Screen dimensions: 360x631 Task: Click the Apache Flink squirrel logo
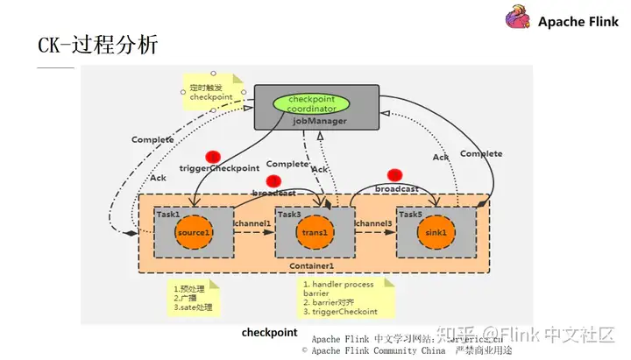pos(518,21)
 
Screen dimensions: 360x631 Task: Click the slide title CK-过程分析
pos(97,45)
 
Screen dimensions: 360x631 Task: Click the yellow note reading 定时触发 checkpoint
pos(210,91)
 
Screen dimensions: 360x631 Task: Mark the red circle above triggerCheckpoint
pos(212,156)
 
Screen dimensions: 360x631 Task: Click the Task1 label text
pos(168,214)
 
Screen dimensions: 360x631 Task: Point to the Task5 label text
pos(411,214)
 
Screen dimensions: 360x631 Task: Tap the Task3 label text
pos(290,214)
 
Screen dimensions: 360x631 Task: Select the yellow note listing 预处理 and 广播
pos(194,298)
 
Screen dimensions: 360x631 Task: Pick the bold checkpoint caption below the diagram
pos(270,334)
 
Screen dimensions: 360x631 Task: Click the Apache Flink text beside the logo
pos(579,22)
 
